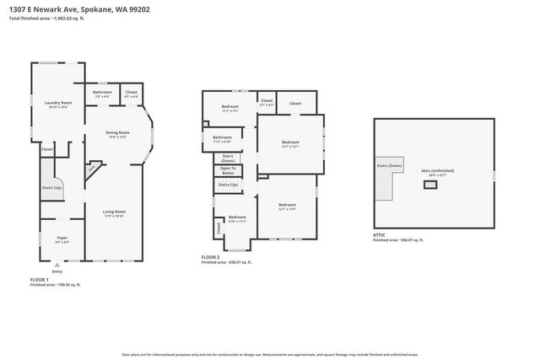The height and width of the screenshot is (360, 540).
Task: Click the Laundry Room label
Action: [58, 103]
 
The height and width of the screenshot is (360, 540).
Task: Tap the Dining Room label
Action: [116, 132]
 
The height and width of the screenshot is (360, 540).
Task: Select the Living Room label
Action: [114, 212]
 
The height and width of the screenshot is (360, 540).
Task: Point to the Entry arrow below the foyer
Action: [57, 264]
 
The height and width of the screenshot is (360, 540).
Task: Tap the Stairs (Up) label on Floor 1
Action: [52, 187]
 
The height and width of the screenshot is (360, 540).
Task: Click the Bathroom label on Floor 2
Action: [222, 137]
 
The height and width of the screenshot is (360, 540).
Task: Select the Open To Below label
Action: [228, 170]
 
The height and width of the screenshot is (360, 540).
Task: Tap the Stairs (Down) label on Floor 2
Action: [228, 158]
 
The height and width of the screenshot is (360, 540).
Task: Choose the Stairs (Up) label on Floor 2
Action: [228, 184]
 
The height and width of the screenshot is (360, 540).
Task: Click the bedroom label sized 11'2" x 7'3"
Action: [230, 106]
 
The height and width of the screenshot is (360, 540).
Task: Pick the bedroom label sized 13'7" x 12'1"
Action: [290, 142]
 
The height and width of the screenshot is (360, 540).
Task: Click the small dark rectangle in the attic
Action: [430, 184]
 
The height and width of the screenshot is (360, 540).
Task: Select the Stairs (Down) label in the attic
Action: [388, 166]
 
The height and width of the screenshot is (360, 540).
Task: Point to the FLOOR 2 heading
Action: [211, 256]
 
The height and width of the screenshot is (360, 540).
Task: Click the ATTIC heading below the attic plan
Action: [380, 234]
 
